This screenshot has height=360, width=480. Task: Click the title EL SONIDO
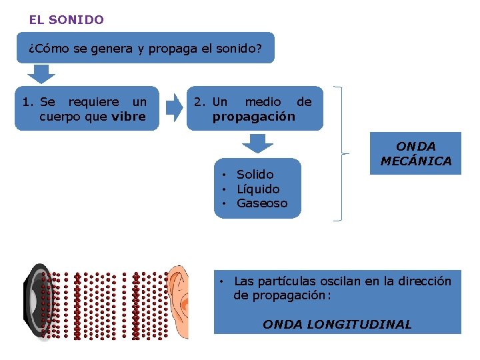(x=66, y=20)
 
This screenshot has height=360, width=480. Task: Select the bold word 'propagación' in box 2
(x=253, y=117)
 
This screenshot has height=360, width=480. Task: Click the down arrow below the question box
(x=44, y=73)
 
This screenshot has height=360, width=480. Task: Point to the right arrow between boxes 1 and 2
(x=174, y=107)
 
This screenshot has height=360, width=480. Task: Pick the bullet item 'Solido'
(x=255, y=175)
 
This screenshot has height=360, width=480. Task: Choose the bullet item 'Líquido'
(x=258, y=189)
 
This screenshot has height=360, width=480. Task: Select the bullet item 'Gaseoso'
(x=262, y=203)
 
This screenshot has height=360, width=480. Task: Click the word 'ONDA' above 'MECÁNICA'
(x=416, y=146)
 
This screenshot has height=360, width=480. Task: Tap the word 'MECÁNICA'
(x=416, y=161)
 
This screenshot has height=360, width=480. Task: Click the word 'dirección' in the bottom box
(x=424, y=281)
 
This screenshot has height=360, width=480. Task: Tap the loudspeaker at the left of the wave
(x=35, y=302)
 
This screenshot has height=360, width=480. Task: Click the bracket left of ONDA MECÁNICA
(x=341, y=153)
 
